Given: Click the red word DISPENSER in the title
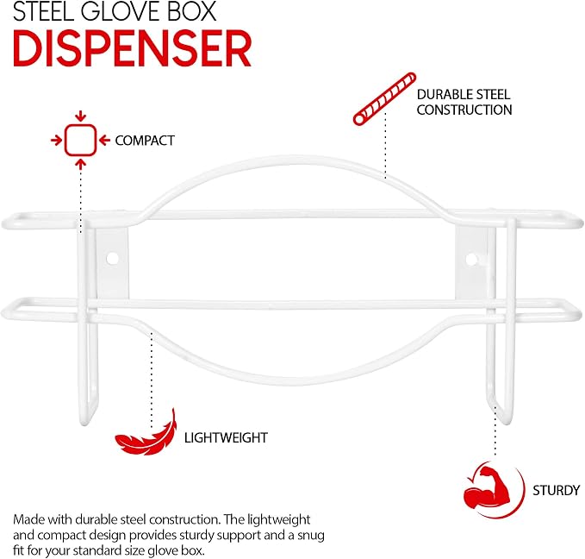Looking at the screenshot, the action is coord(132,48).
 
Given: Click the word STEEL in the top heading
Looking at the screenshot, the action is coord(43,11).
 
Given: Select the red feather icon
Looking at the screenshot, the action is coord(146,433).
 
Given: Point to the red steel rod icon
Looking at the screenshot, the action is coord(384,98).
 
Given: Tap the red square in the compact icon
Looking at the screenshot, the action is coord(81,140).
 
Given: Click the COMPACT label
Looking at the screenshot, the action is coord(145,141).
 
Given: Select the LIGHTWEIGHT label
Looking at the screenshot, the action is coord(226,437).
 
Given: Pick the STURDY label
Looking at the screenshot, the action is coord(556,490).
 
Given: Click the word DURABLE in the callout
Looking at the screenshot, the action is coord(441,94).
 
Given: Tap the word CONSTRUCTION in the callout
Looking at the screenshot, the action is coord(464,110).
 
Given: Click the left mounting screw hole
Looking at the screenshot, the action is coord(112,258).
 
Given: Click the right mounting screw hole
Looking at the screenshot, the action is coord(471,259).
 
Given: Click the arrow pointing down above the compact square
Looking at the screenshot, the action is coord(81,116).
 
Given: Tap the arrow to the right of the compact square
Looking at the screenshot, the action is coord(105,141).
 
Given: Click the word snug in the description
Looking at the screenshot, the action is coord(311,535).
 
